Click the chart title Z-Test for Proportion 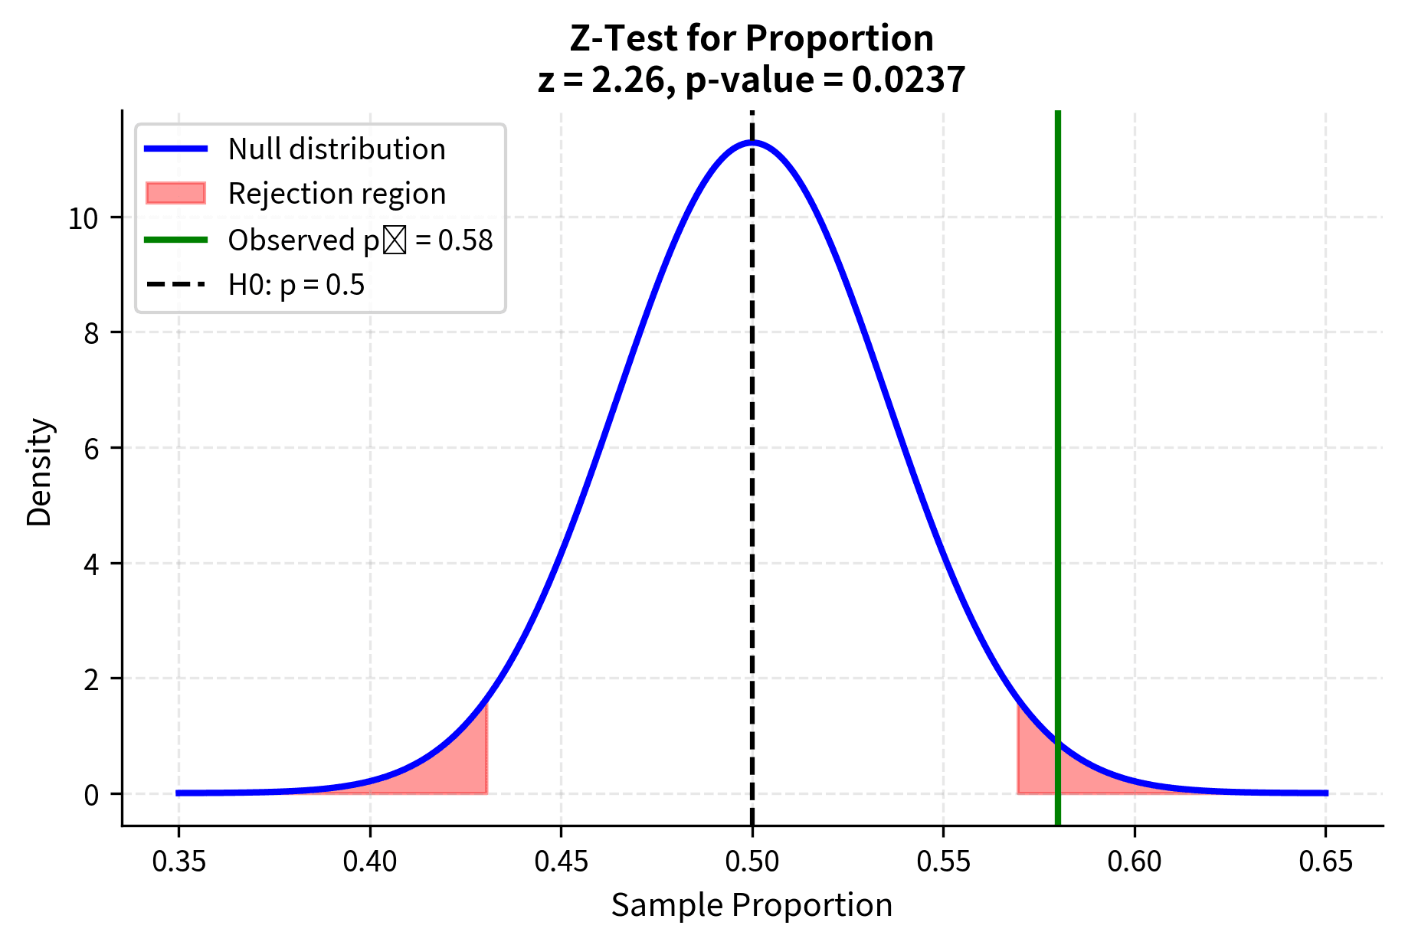(x=752, y=38)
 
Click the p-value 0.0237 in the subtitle (x=908, y=80)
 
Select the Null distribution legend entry (x=336, y=149)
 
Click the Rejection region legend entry (x=336, y=194)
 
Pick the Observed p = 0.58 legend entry (x=359, y=240)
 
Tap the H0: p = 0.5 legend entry (x=296, y=285)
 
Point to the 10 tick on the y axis (x=84, y=219)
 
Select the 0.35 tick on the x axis (x=179, y=862)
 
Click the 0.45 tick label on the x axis (x=561, y=862)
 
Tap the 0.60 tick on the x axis (x=1135, y=862)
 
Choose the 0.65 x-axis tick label (x=1325, y=862)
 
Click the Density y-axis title (x=39, y=472)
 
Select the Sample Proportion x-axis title (x=752, y=905)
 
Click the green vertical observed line (x=1057, y=459)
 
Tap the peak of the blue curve (x=752, y=142)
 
